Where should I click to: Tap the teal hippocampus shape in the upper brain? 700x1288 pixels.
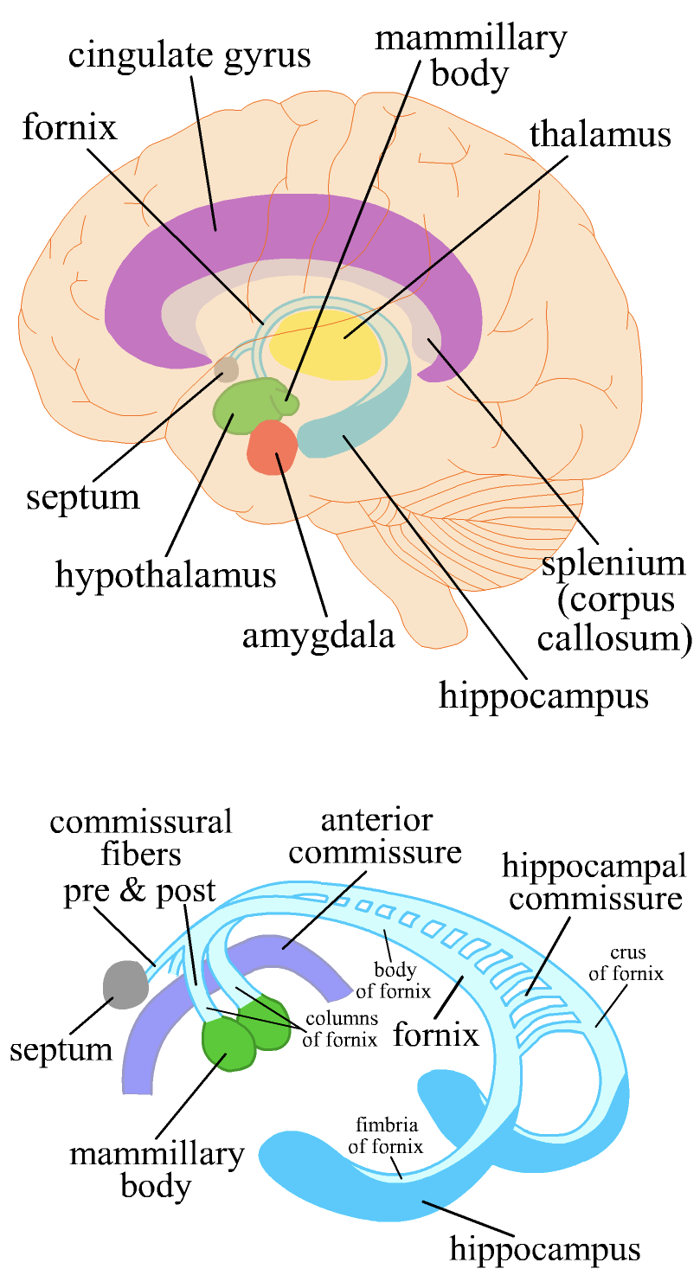(355, 433)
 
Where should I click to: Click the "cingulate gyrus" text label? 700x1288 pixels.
(189, 55)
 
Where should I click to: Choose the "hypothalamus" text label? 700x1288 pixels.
(165, 574)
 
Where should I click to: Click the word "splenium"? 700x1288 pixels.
(613, 564)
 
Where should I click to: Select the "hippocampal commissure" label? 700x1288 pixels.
(596, 881)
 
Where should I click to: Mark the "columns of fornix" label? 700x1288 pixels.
(339, 1028)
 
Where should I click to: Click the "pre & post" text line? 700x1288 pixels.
(139, 892)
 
